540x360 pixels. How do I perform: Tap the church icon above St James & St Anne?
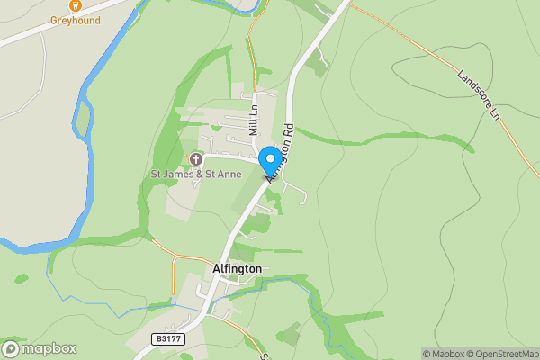195,159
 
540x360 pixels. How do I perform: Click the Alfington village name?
237,268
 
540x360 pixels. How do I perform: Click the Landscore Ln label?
477,93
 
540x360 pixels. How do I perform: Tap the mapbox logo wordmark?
49,348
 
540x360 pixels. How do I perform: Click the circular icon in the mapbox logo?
12,348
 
